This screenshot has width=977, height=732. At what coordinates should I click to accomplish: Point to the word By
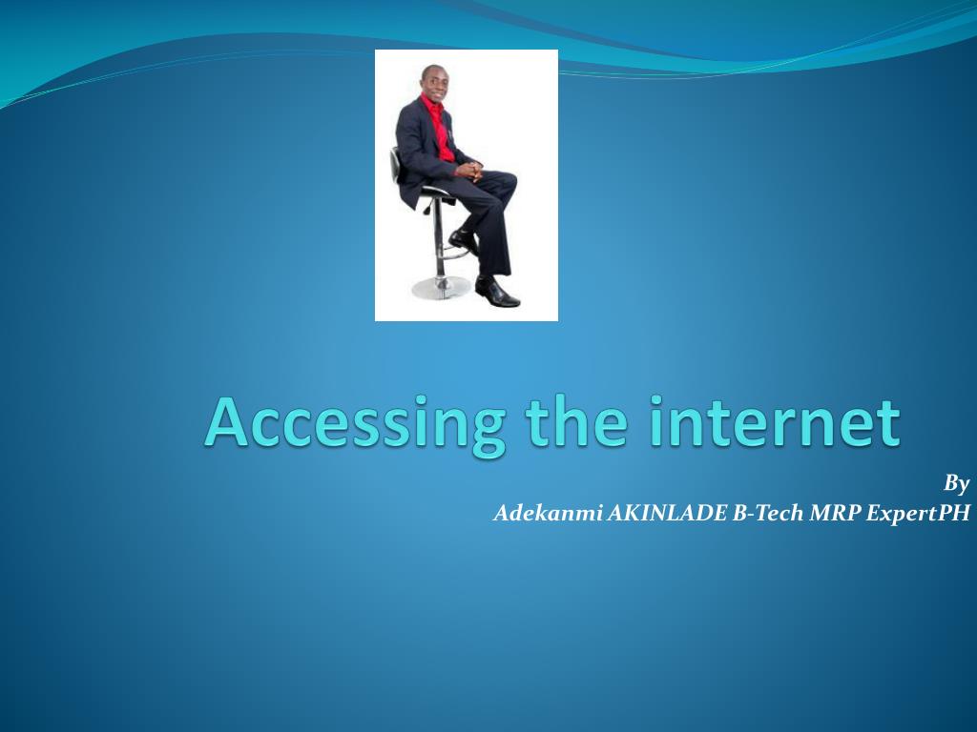pos(956,483)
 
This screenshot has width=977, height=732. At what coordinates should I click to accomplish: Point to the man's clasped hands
pos(468,171)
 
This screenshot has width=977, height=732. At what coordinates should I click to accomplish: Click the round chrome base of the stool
pos(440,287)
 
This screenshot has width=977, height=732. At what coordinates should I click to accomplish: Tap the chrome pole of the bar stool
pos(438,238)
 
